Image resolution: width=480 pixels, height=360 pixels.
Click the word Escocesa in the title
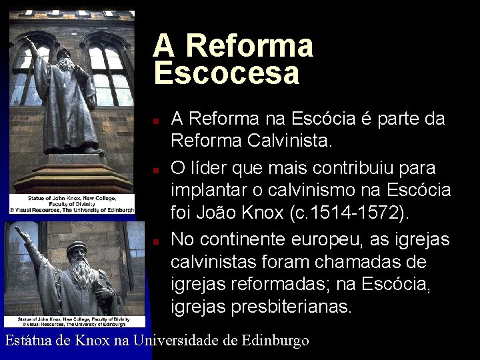(x=227, y=73)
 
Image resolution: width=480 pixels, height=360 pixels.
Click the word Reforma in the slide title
(x=249, y=46)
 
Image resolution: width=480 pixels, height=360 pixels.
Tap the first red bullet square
(x=155, y=123)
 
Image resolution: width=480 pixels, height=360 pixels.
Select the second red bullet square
(x=155, y=170)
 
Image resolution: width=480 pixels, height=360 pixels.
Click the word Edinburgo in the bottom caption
(x=275, y=341)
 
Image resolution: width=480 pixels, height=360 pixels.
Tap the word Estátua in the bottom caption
(x=28, y=341)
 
